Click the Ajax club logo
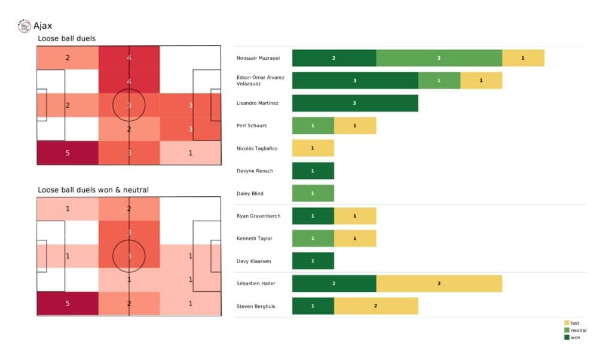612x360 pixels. click(25, 26)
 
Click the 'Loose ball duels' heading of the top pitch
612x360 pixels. click(66, 39)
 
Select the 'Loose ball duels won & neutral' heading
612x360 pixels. click(93, 190)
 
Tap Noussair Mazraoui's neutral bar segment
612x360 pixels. click(439, 58)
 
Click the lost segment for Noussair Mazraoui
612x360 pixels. click(523, 58)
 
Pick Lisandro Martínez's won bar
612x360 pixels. click(355, 103)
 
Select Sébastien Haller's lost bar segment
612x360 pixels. click(439, 283)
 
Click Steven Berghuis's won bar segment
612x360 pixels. click(313, 306)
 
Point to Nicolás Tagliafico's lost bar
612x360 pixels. click(313, 148)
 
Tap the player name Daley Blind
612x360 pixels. click(250, 194)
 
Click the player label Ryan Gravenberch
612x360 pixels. click(258, 216)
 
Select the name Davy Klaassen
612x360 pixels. click(253, 261)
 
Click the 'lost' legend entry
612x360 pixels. click(574, 323)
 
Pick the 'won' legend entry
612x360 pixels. click(574, 337)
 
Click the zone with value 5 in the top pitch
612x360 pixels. click(67, 152)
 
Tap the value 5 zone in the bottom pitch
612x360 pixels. click(67, 303)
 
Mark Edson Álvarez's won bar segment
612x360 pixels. click(355, 81)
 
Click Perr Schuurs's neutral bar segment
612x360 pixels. click(313, 126)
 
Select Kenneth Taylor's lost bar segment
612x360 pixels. click(355, 239)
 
